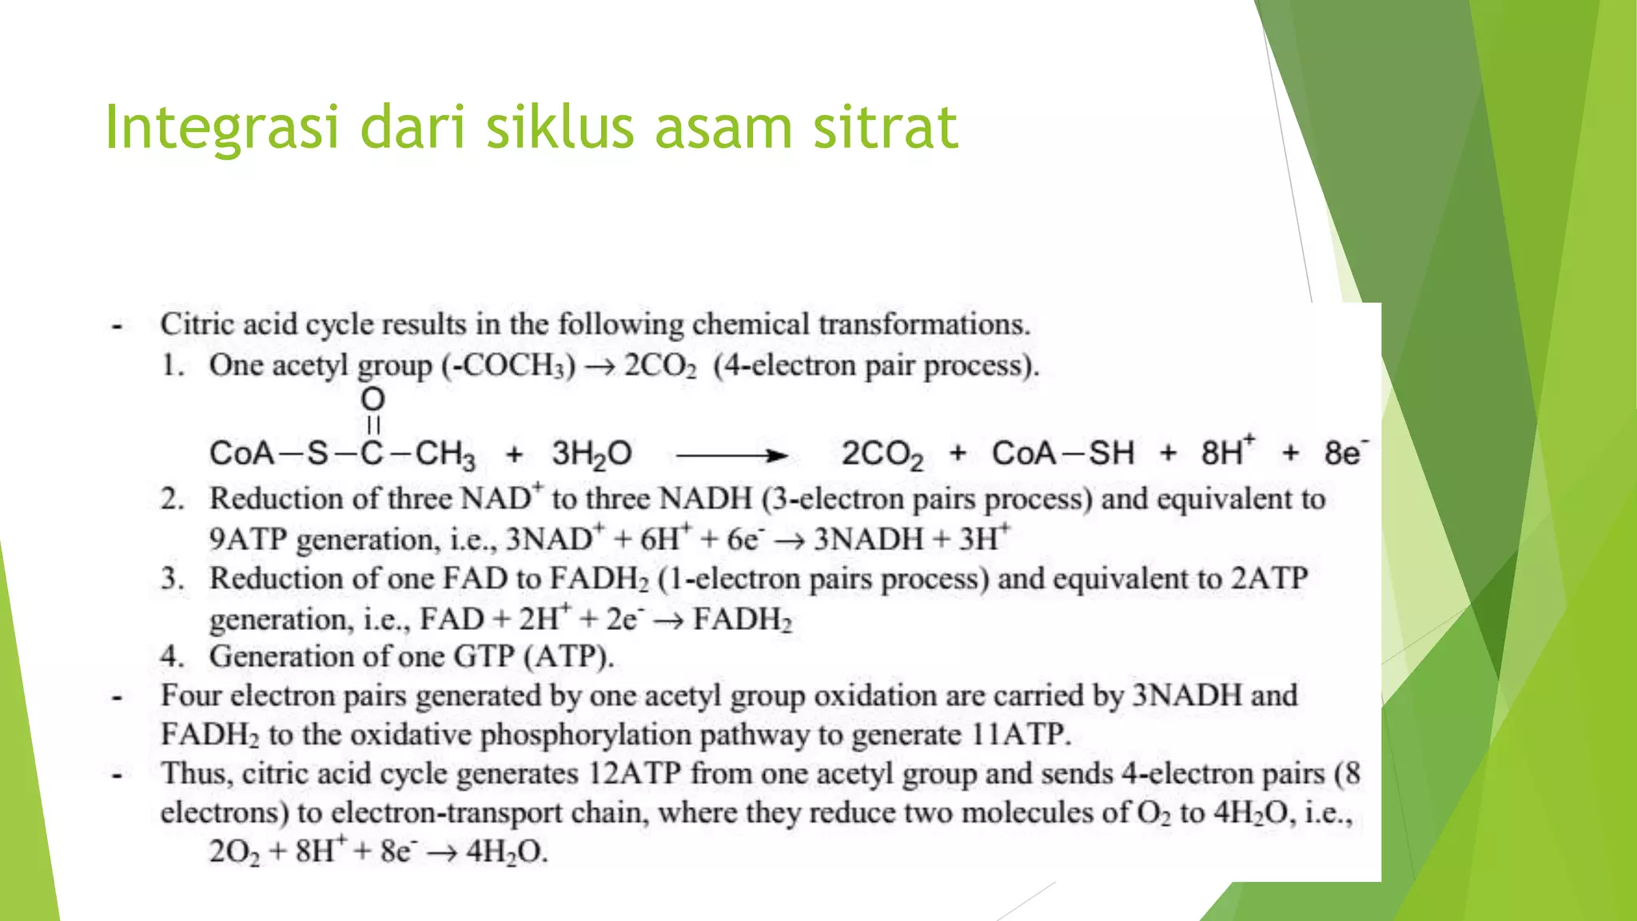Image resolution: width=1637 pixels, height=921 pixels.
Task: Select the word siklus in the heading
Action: coord(560,128)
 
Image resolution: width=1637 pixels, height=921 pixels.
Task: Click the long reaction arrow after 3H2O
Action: coord(731,456)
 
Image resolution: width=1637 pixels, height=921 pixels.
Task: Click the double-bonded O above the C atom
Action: coord(372,399)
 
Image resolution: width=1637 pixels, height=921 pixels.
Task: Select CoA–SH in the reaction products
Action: coord(1062,453)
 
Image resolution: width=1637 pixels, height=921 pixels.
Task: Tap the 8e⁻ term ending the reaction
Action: coord(1345,453)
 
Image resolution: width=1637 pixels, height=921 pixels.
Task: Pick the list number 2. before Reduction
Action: coord(173,499)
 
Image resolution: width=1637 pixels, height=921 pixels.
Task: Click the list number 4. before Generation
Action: coord(173,656)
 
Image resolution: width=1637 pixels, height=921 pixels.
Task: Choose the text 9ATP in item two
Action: coord(248,540)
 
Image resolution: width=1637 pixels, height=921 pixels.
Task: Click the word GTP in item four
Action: coord(484,656)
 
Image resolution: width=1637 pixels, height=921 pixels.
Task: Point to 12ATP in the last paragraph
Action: coord(635,774)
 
